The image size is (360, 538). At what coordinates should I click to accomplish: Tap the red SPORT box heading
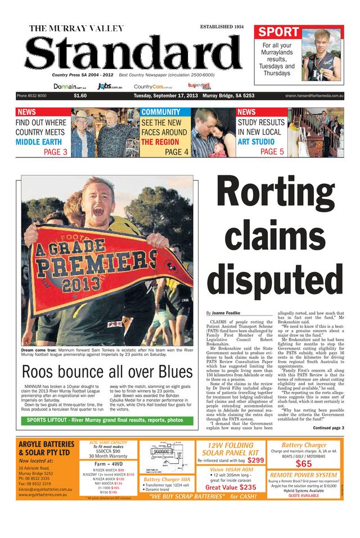coord(279,31)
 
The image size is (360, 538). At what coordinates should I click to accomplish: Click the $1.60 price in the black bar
coord(80,96)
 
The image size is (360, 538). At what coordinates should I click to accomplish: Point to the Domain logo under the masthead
coord(69,87)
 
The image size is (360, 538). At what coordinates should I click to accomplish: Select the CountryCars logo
coord(152,87)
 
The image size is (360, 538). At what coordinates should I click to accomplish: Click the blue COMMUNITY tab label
coord(161,112)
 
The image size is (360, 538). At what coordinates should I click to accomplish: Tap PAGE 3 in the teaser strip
coord(56,152)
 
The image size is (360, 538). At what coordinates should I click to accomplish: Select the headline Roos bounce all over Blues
coord(107,372)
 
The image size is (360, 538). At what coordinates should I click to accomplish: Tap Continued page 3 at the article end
coord(328,428)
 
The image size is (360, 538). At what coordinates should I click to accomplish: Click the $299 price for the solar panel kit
coord(256,460)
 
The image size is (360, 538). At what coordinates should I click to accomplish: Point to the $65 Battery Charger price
coord(304,464)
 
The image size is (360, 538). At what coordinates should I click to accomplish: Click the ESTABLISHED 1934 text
coord(222,26)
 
